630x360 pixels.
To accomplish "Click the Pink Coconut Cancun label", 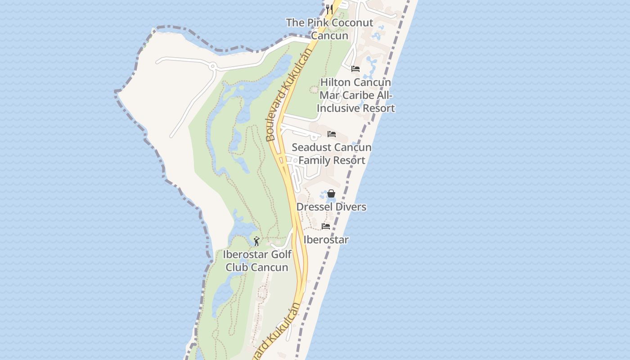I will coord(329,29).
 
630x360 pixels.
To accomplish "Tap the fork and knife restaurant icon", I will coord(329,9).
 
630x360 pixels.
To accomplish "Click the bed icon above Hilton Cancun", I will coord(355,69).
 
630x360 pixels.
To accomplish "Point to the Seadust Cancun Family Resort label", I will coord(332,153).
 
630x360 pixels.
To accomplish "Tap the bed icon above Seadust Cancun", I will coord(332,134).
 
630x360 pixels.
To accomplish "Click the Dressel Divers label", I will coord(331,207).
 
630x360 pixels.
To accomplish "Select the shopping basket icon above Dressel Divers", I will coord(331,193).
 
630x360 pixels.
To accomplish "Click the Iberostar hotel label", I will coord(326,240).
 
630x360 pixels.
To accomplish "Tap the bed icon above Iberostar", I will coord(326,226).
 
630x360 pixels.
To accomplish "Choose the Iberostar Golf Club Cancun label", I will coord(257,261).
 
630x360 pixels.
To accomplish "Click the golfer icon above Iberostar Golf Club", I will coord(256,242).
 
